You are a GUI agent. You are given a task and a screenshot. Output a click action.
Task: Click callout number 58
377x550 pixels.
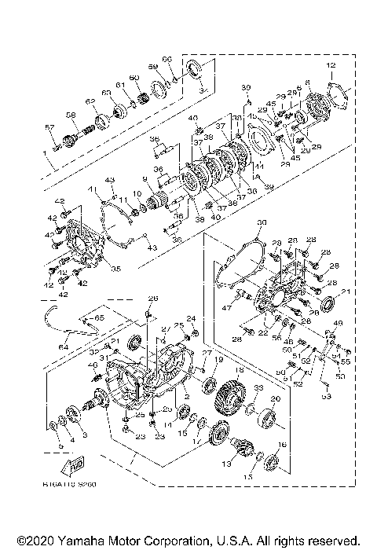coord(70,115)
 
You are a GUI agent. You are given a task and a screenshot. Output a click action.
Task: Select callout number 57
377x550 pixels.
coord(48,127)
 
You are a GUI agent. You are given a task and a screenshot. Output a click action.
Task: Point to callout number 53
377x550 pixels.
coord(327,397)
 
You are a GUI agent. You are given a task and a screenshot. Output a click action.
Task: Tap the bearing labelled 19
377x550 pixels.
coord(210,385)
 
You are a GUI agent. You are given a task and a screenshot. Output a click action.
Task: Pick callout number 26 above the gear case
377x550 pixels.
coord(153,298)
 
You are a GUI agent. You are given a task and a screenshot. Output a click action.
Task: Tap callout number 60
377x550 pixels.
coord(134,77)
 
